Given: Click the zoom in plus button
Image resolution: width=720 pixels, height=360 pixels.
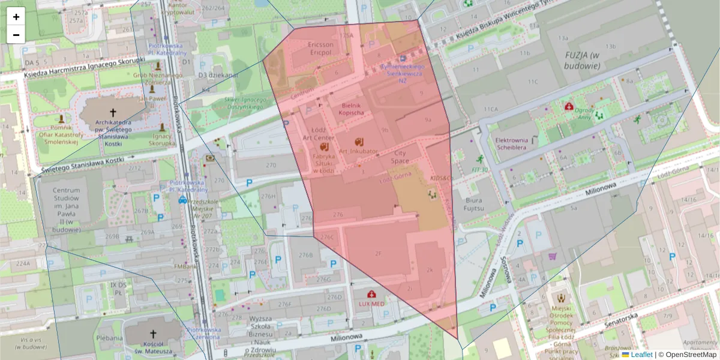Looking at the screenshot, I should pos(16,17).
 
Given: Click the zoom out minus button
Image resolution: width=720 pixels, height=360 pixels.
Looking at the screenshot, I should pos(16,35).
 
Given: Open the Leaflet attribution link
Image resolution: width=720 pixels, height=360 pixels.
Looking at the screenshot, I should pos(641,355).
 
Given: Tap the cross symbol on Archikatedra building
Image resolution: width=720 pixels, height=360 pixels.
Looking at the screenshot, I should pos(112,112).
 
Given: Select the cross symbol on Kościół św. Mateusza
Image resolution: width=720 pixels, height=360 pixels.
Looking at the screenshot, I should pos(152,334).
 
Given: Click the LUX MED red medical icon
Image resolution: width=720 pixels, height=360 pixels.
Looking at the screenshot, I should pos(372,294).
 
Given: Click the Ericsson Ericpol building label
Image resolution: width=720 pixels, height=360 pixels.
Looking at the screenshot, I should pos(320,49).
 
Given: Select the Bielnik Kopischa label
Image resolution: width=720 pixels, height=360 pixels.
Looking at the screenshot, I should pos(351,109).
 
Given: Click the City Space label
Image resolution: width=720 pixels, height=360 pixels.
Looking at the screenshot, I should pos(400,157).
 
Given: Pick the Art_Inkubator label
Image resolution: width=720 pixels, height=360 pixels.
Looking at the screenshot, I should pos(359,151).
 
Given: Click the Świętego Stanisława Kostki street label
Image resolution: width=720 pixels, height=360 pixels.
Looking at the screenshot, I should pos(78,167).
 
